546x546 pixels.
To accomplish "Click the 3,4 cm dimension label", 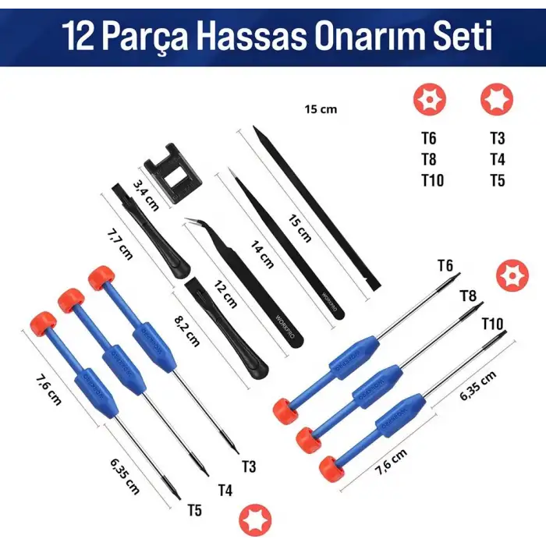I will point(146,195).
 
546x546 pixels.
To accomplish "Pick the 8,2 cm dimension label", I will point(187,328).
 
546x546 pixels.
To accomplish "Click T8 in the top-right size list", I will point(429,160).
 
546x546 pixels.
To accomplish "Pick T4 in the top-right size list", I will point(497,160).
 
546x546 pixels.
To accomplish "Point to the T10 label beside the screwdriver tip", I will point(493,323).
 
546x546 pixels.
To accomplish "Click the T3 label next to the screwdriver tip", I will point(249,466).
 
